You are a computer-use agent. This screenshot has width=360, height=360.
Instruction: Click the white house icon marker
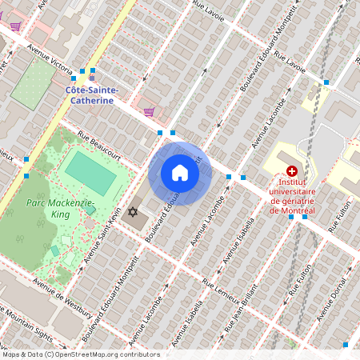point(180,173)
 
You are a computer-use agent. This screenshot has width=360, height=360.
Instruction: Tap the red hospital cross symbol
point(292,171)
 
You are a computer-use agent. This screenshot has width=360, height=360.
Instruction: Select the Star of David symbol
point(134,212)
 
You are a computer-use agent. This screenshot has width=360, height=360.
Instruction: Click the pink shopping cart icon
point(149,113)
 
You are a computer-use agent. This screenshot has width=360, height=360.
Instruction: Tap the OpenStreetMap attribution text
point(80,354)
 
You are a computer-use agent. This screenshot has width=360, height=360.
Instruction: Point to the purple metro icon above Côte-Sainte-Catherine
point(91,78)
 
